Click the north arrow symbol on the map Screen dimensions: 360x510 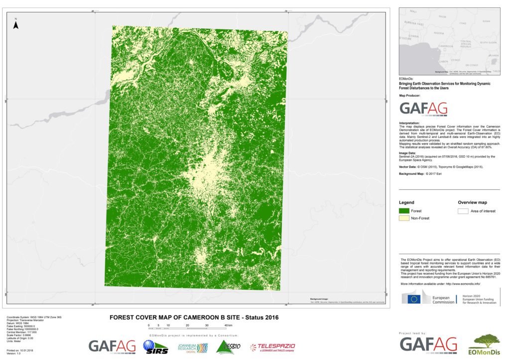(16, 24)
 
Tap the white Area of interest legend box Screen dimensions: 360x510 (463, 211)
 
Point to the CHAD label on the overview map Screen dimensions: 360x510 (463, 23)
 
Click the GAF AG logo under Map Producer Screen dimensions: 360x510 (424, 109)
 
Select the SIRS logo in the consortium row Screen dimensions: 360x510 (154, 347)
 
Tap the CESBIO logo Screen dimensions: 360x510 (228, 346)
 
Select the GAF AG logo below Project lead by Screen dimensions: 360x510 (428, 345)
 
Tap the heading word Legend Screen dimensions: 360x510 (407, 203)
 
